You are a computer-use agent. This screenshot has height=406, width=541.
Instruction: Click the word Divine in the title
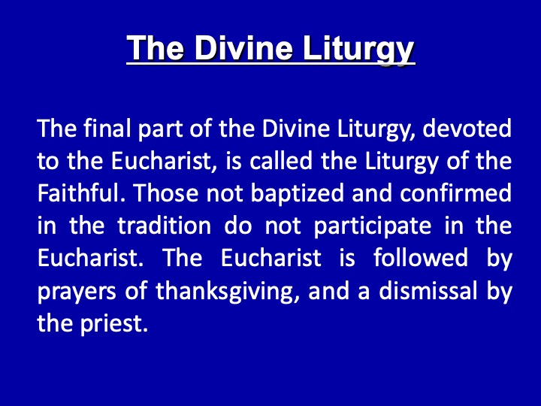tap(243, 47)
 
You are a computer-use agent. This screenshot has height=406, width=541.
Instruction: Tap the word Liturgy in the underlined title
tap(358, 50)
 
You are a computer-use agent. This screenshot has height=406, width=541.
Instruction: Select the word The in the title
tap(156, 47)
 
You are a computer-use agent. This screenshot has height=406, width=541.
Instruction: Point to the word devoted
tap(467, 128)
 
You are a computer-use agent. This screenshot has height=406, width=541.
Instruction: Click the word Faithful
tap(80, 192)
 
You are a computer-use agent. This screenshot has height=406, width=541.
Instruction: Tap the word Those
tap(165, 192)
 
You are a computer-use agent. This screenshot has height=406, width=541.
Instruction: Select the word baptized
tap(297, 194)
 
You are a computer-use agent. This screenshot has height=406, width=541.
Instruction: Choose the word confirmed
tap(456, 192)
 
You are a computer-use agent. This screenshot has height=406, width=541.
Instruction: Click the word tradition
tap(165, 226)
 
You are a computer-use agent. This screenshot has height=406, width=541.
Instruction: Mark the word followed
tap(421, 258)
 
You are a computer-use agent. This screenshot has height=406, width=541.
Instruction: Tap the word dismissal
tap(428, 290)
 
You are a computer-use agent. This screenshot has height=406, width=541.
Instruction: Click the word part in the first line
tap(160, 129)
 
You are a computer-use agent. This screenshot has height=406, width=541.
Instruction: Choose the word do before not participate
tap(237, 226)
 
